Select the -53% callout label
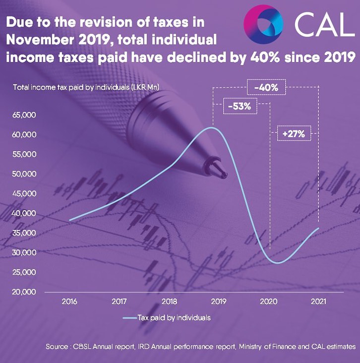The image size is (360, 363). (240, 106)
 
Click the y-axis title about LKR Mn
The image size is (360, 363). (89, 87)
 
